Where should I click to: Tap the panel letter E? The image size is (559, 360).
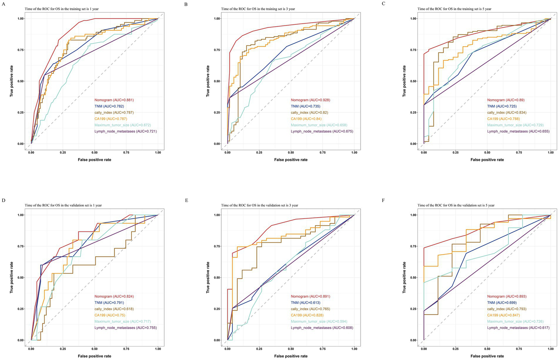point(186,200)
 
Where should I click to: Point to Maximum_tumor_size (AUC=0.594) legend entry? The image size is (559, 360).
point(319,321)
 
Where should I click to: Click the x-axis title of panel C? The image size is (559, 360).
point(487,160)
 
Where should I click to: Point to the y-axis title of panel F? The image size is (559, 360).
point(404,278)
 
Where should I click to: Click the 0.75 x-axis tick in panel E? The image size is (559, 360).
point(323,349)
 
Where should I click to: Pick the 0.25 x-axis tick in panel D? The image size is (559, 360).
point(63,349)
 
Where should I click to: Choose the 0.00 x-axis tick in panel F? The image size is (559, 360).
point(424,349)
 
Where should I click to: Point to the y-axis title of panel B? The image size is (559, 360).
point(208,81)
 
